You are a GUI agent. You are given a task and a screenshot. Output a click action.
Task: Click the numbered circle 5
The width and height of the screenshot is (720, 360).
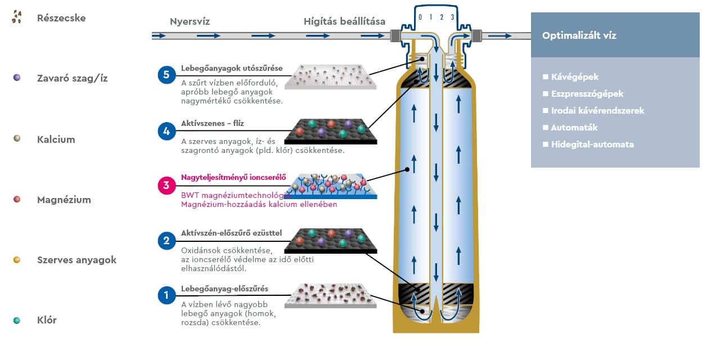166,75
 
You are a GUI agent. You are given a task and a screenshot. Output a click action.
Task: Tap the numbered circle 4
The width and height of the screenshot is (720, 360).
166,132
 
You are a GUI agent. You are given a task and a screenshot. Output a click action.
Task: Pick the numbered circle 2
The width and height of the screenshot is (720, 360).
166,240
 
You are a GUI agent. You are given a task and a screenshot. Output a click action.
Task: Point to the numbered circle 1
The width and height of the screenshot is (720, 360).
166,295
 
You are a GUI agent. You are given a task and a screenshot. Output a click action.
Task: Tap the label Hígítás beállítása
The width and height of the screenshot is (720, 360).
344,22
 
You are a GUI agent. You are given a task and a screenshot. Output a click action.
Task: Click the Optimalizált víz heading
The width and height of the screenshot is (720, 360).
579,35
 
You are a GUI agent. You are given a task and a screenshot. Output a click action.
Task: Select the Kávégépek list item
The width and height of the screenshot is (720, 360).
570,77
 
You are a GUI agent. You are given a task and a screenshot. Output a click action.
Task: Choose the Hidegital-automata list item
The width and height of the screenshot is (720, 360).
588,145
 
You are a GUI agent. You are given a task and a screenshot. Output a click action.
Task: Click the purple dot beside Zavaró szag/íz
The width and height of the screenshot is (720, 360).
17,78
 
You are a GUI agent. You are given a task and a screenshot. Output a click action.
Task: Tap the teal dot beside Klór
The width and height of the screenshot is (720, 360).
17,320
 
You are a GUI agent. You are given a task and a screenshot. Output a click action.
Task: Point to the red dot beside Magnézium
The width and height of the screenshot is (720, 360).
17,199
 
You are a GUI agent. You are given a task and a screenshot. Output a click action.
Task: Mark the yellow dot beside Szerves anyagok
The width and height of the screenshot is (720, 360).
17,259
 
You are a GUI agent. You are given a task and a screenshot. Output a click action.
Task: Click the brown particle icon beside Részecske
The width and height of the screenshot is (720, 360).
17,17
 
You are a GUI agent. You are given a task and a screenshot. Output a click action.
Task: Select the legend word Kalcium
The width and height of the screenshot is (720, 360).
56,139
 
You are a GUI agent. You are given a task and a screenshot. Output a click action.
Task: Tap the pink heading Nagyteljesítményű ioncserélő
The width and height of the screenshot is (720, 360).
233,177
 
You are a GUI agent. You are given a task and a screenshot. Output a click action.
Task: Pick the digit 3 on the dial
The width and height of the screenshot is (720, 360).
452,17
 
